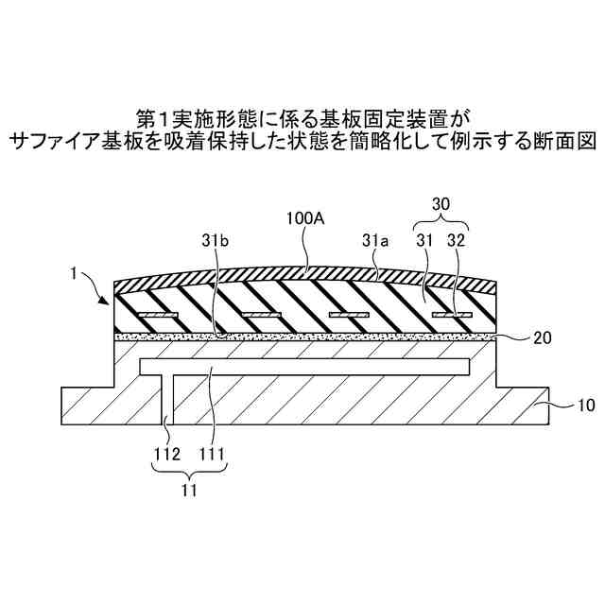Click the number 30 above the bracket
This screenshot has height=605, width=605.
pyautogui.click(x=441, y=203)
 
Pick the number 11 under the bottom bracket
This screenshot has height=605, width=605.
pyautogui.click(x=191, y=491)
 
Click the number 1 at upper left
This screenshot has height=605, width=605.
pyautogui.click(x=74, y=275)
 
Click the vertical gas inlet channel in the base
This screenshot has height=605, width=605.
pyautogui.click(x=172, y=397)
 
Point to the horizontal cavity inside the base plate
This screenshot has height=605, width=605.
pyautogui.click(x=302, y=364)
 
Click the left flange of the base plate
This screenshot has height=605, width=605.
pyautogui.click(x=85, y=405)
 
